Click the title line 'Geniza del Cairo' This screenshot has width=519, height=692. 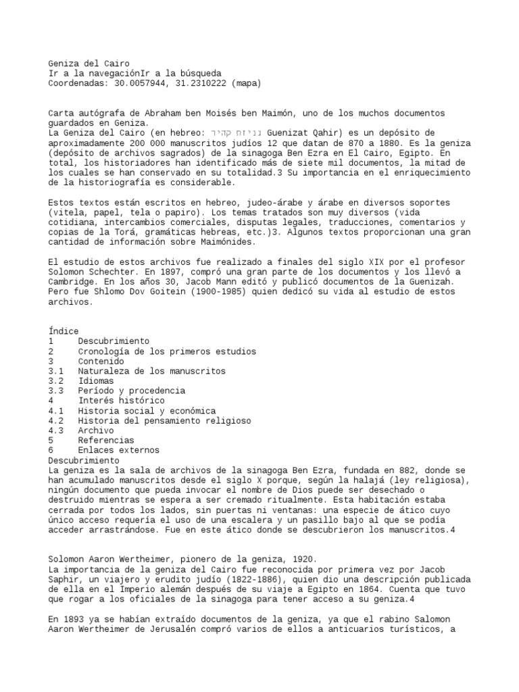tap(89, 64)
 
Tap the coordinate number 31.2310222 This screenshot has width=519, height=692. tap(199, 83)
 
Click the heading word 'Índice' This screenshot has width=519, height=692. tap(64, 331)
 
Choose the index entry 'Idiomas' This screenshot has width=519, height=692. tap(96, 381)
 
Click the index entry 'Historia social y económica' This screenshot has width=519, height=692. tap(147, 411)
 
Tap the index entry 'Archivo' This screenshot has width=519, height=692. tap(96, 430)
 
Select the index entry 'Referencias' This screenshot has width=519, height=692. tap(106, 440)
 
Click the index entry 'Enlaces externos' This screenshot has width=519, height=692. tap(118, 450)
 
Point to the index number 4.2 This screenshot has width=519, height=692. tap(56, 420)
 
